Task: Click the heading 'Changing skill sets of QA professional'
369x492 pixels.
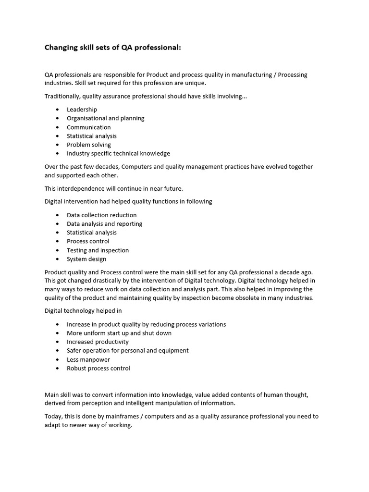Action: [x=113, y=47]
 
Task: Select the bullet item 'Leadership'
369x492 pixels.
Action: [x=82, y=110]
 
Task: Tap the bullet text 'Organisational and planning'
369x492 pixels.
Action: [x=105, y=118]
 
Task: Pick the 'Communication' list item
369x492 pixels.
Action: [x=88, y=127]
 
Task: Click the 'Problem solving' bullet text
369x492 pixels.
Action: [x=88, y=145]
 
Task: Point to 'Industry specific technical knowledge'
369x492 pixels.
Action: [x=118, y=154]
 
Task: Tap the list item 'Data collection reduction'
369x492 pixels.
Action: [x=101, y=215]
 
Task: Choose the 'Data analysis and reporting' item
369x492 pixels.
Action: [x=104, y=224]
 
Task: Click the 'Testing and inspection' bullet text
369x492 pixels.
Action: [x=98, y=250]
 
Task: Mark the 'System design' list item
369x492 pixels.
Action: [x=86, y=259]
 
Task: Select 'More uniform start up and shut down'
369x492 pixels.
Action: [x=119, y=333]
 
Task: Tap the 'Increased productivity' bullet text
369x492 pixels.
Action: [x=98, y=342]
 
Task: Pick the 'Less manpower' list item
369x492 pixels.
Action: [x=88, y=360]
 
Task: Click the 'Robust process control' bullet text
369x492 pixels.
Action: [x=98, y=369]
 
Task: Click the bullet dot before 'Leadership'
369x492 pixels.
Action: [x=58, y=110]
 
